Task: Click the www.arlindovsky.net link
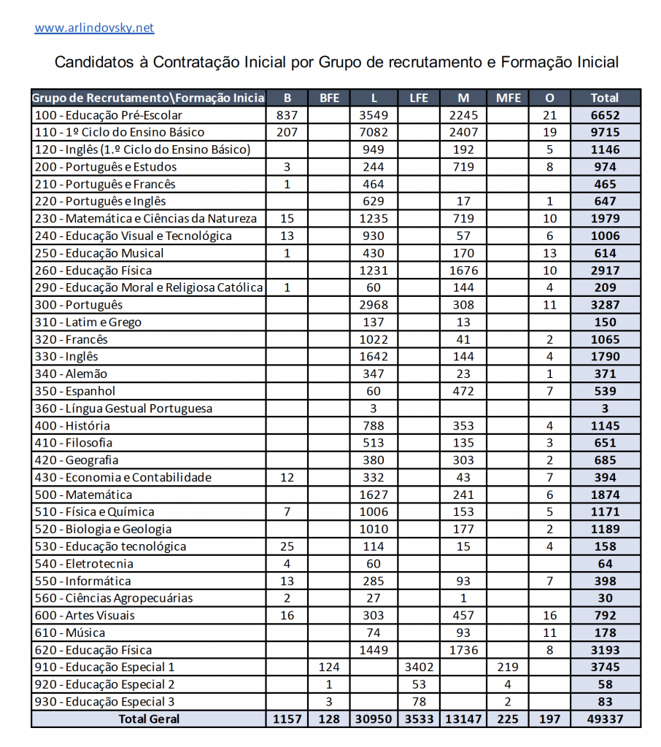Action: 94,28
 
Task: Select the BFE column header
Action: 329,98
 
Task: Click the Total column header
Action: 606,98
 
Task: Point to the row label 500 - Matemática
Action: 84,495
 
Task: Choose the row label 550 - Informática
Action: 83,581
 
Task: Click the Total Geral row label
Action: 148,719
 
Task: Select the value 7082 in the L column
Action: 374,132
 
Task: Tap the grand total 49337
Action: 606,719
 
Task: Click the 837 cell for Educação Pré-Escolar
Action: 287,115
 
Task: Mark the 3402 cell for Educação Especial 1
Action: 419,667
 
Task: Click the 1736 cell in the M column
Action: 463,650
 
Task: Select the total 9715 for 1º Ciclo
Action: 606,132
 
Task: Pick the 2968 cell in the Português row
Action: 374,305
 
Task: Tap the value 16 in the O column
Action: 549,616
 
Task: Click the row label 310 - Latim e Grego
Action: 88,322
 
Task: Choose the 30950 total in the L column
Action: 374,719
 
